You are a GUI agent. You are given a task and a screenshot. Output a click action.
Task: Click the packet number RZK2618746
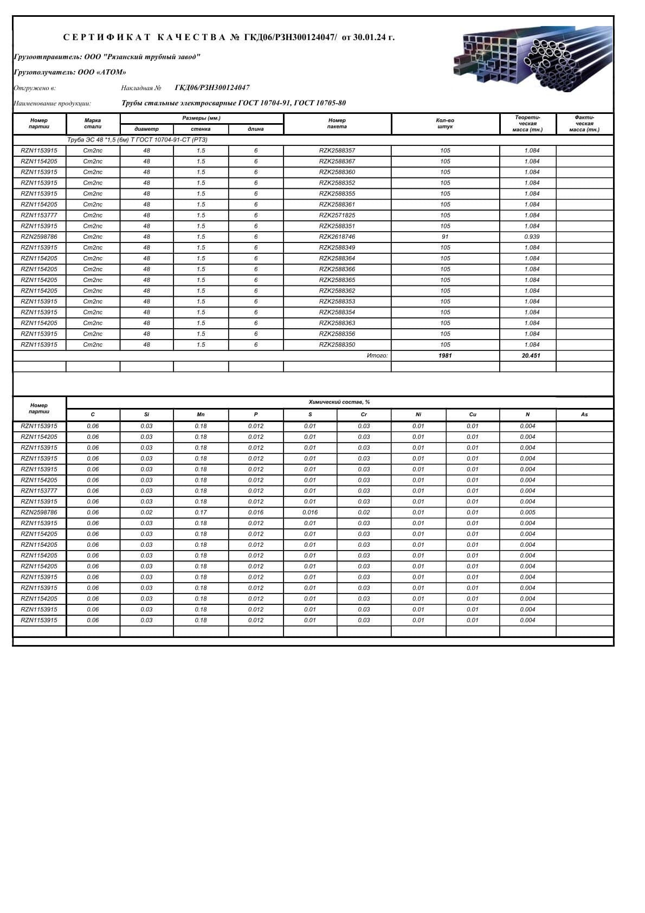[x=337, y=237]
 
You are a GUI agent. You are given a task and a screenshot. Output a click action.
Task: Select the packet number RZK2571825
[x=337, y=215]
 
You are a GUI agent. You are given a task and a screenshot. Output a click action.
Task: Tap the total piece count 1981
[x=445, y=356]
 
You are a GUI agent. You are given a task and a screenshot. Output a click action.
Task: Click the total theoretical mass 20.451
[x=531, y=356]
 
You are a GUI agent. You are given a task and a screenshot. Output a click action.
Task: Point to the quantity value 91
[x=445, y=237]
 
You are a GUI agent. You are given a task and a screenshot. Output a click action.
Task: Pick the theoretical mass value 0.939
[x=532, y=237]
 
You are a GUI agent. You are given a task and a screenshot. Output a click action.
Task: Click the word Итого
[x=377, y=356]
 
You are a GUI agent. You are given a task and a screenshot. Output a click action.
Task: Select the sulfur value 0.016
[x=310, y=513]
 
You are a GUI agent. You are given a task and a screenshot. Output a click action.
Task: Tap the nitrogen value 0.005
[x=527, y=513]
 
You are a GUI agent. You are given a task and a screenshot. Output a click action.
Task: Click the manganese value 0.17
[x=201, y=513]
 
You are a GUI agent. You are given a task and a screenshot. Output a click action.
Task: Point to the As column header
[x=584, y=414]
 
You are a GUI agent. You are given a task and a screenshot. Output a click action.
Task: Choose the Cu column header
[x=473, y=414]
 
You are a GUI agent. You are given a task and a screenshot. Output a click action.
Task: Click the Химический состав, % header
[x=339, y=403]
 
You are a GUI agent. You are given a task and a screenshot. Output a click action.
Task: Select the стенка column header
[x=201, y=129]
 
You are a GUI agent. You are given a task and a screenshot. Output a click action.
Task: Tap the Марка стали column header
[x=93, y=123]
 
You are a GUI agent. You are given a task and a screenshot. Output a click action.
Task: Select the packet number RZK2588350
[x=337, y=345]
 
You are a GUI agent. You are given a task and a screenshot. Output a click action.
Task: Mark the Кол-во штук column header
[x=445, y=123]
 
